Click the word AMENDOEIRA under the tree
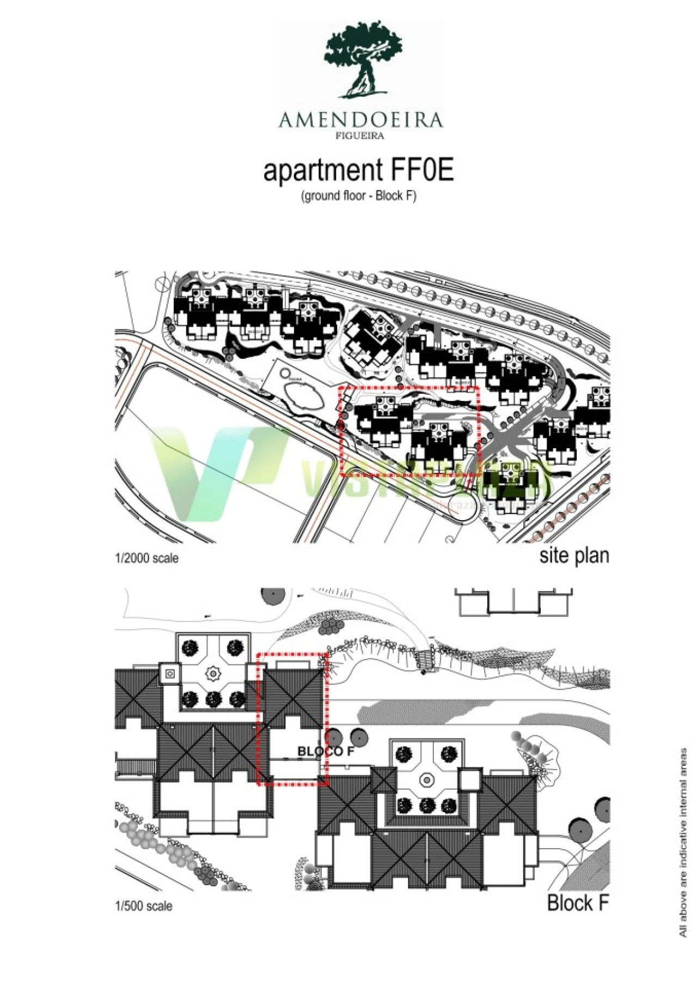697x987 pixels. click(x=360, y=120)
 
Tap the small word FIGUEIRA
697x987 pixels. click(x=359, y=136)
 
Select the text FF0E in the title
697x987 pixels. click(x=421, y=170)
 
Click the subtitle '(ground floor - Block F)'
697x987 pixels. click(x=359, y=196)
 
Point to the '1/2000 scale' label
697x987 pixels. click(x=146, y=558)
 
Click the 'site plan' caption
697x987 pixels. click(x=574, y=556)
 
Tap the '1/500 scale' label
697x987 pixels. click(x=144, y=906)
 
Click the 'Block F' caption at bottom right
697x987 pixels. click(x=577, y=903)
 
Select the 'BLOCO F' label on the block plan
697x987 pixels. click(x=326, y=751)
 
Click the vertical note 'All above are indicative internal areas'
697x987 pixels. click(x=683, y=842)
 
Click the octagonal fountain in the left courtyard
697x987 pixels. click(x=212, y=674)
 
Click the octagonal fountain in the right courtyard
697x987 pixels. click(x=426, y=781)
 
